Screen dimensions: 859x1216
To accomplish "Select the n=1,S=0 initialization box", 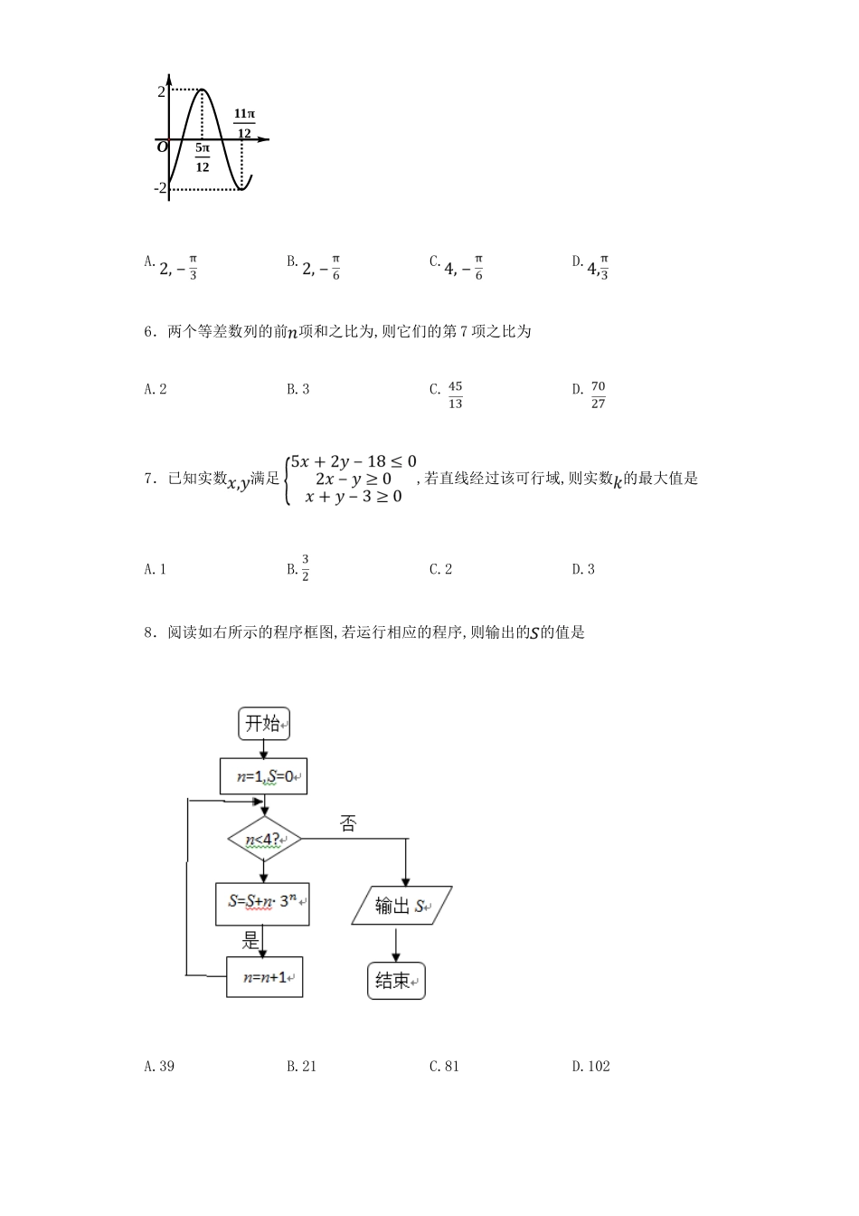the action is tap(263, 776).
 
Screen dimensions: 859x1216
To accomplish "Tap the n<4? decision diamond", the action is tap(263, 840).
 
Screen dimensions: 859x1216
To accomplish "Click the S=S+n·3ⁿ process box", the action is tap(262, 903).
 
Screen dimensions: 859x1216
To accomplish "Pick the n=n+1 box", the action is tap(264, 977).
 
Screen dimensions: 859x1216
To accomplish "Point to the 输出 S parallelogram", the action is tap(401, 905).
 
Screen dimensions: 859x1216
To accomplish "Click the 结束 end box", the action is tap(396, 981).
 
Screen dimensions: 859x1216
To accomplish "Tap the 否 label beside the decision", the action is tap(348, 823).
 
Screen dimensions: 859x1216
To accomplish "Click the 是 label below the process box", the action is tap(250, 941).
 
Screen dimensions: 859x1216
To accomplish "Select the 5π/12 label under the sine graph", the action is tap(202, 157).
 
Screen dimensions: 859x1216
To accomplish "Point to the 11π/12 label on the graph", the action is tap(244, 124).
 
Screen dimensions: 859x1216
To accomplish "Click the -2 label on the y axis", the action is tap(160, 188).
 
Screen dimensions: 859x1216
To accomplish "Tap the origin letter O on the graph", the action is tap(162, 147).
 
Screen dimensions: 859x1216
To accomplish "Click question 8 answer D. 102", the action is tap(591, 1066).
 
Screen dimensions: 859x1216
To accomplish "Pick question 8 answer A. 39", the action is tap(159, 1066).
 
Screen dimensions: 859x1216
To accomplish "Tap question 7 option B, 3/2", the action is tap(299, 568).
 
